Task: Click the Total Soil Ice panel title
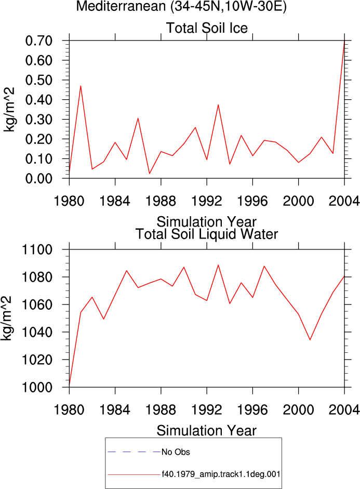click(207, 28)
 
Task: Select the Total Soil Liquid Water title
click(207, 234)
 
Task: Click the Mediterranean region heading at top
click(181, 6)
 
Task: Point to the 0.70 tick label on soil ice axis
click(38, 41)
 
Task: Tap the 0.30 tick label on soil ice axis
click(38, 120)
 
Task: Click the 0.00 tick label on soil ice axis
click(38, 179)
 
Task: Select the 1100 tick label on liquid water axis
click(36, 249)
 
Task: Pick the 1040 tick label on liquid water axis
click(36, 332)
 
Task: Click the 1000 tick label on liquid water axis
click(36, 387)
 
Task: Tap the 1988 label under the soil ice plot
click(161, 201)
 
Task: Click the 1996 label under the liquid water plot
click(252, 410)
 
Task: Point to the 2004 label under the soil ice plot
click(344, 201)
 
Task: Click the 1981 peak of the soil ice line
click(81, 86)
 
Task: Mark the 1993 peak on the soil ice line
click(218, 105)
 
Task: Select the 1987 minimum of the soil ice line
click(149, 174)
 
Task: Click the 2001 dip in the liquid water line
click(310, 340)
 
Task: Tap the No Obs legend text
click(176, 452)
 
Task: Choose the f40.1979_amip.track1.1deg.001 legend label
click(221, 474)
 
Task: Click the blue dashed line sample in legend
click(134, 452)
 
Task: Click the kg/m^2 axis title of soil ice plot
click(9, 110)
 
